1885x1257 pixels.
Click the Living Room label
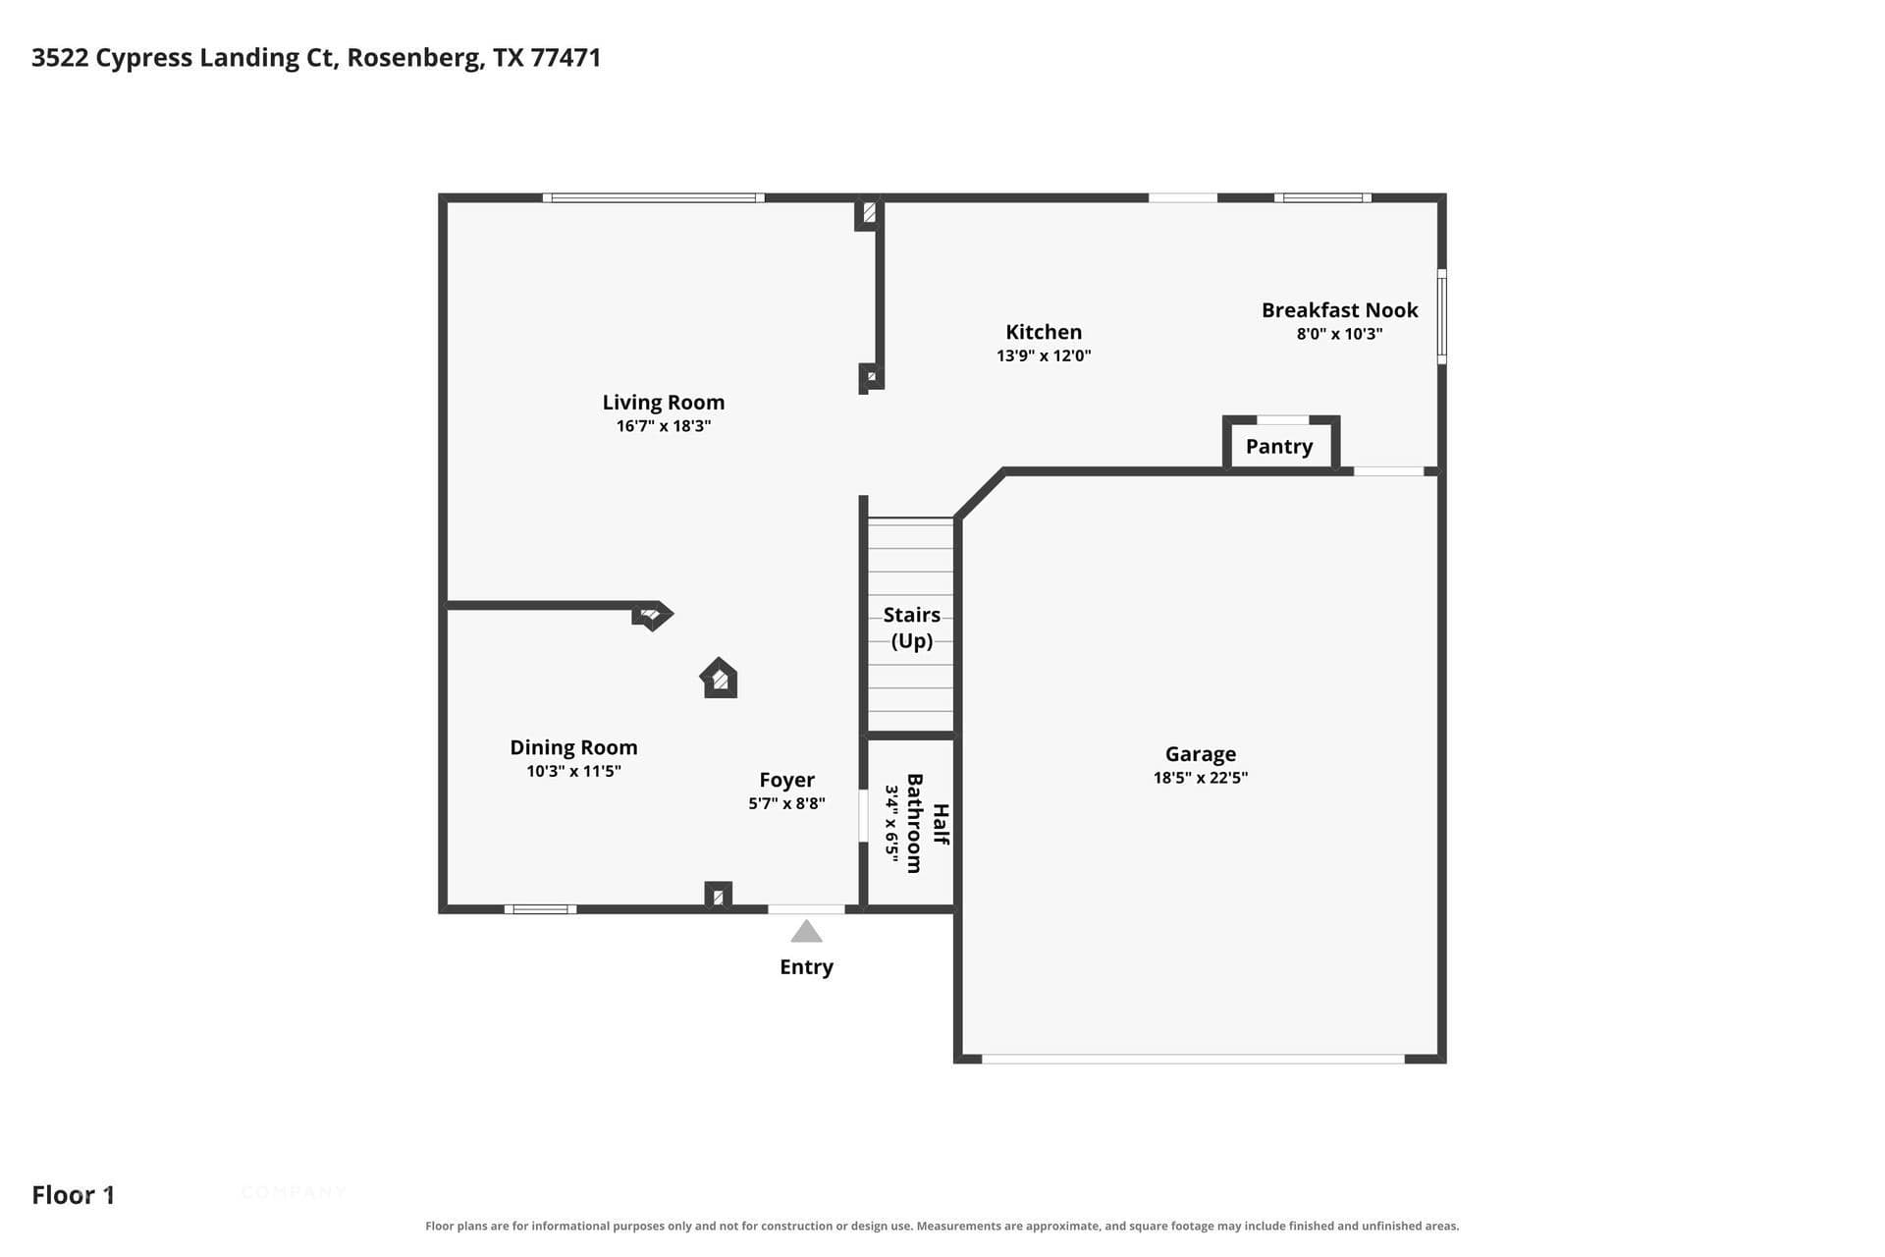(x=664, y=403)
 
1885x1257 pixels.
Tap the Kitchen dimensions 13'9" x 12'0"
(x=1044, y=355)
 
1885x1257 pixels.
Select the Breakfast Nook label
(x=1339, y=310)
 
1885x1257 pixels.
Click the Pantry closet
(x=1280, y=444)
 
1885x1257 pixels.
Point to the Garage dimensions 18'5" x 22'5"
(x=1201, y=778)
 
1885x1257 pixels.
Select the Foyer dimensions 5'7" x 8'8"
(x=786, y=803)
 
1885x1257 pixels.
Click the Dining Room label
(x=573, y=747)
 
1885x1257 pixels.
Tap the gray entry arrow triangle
(x=806, y=932)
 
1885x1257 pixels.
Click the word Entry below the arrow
(x=806, y=967)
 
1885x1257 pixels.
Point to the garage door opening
(x=1193, y=1059)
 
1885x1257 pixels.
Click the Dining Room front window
(x=540, y=909)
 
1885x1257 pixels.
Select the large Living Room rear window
(x=654, y=198)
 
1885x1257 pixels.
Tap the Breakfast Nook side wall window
(x=1442, y=316)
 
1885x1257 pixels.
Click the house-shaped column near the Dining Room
(x=719, y=678)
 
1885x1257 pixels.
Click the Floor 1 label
(x=74, y=1195)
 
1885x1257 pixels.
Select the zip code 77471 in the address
(x=565, y=58)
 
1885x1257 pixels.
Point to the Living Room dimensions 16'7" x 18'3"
(x=664, y=426)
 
